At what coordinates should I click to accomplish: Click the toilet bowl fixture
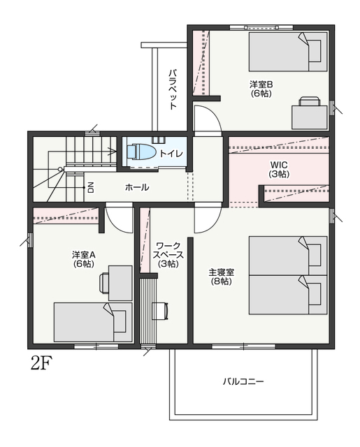point(141,152)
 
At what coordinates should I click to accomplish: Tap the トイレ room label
point(171,154)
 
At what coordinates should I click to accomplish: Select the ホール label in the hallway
point(137,187)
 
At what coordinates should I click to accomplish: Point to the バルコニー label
point(243,381)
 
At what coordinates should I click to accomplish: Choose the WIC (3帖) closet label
point(279,169)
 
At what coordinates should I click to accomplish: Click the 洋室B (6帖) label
point(261,89)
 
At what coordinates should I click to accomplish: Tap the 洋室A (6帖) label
point(83,259)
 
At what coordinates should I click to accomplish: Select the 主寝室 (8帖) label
point(222,277)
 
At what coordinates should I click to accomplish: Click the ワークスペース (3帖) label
point(168,254)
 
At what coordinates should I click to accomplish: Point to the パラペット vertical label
point(173,89)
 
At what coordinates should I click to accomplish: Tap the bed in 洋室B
point(288,51)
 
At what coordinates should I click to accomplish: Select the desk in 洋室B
point(309,117)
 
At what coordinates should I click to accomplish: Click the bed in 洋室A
point(93,322)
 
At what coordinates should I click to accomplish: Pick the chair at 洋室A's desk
point(104,283)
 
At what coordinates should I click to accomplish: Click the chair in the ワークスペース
point(160,310)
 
